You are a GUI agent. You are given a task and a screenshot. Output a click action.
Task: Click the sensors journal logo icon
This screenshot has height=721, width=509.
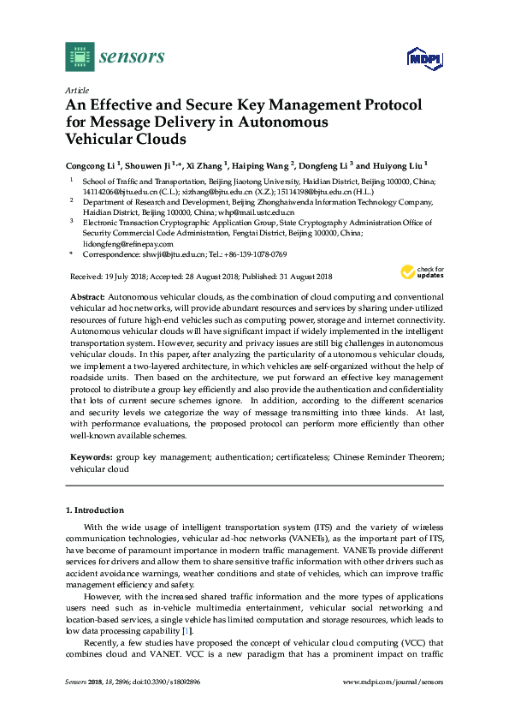(x=79, y=57)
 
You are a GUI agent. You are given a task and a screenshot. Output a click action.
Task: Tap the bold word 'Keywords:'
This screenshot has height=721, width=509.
(x=91, y=458)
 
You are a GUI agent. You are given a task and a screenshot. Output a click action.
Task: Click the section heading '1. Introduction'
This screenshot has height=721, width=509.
(x=95, y=510)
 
